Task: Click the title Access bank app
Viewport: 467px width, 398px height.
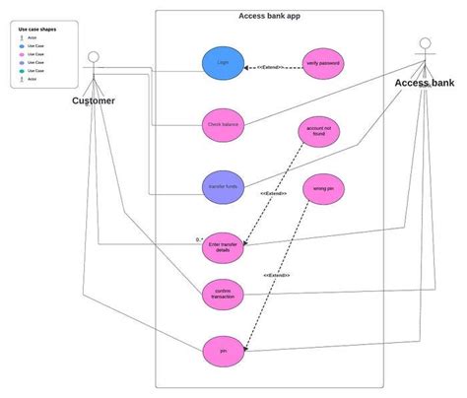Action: [x=270, y=15]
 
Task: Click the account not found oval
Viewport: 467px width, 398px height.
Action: [x=316, y=134]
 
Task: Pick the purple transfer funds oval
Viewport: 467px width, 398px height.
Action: [x=223, y=186]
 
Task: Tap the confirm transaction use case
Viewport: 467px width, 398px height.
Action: [x=223, y=293]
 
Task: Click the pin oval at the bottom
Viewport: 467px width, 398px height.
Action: [x=223, y=350]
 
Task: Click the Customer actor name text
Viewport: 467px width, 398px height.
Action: [x=94, y=100]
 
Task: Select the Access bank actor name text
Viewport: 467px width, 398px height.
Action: [x=426, y=83]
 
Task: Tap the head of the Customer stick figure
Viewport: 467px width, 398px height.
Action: [x=95, y=54]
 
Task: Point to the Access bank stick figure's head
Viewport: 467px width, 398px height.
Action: [x=425, y=43]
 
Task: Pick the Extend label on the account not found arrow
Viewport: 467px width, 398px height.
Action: [x=274, y=193]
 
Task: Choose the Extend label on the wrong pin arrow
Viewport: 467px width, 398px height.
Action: [x=277, y=275]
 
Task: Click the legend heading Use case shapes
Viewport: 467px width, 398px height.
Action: [x=37, y=29]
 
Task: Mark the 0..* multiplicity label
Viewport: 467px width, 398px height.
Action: [x=198, y=239]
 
